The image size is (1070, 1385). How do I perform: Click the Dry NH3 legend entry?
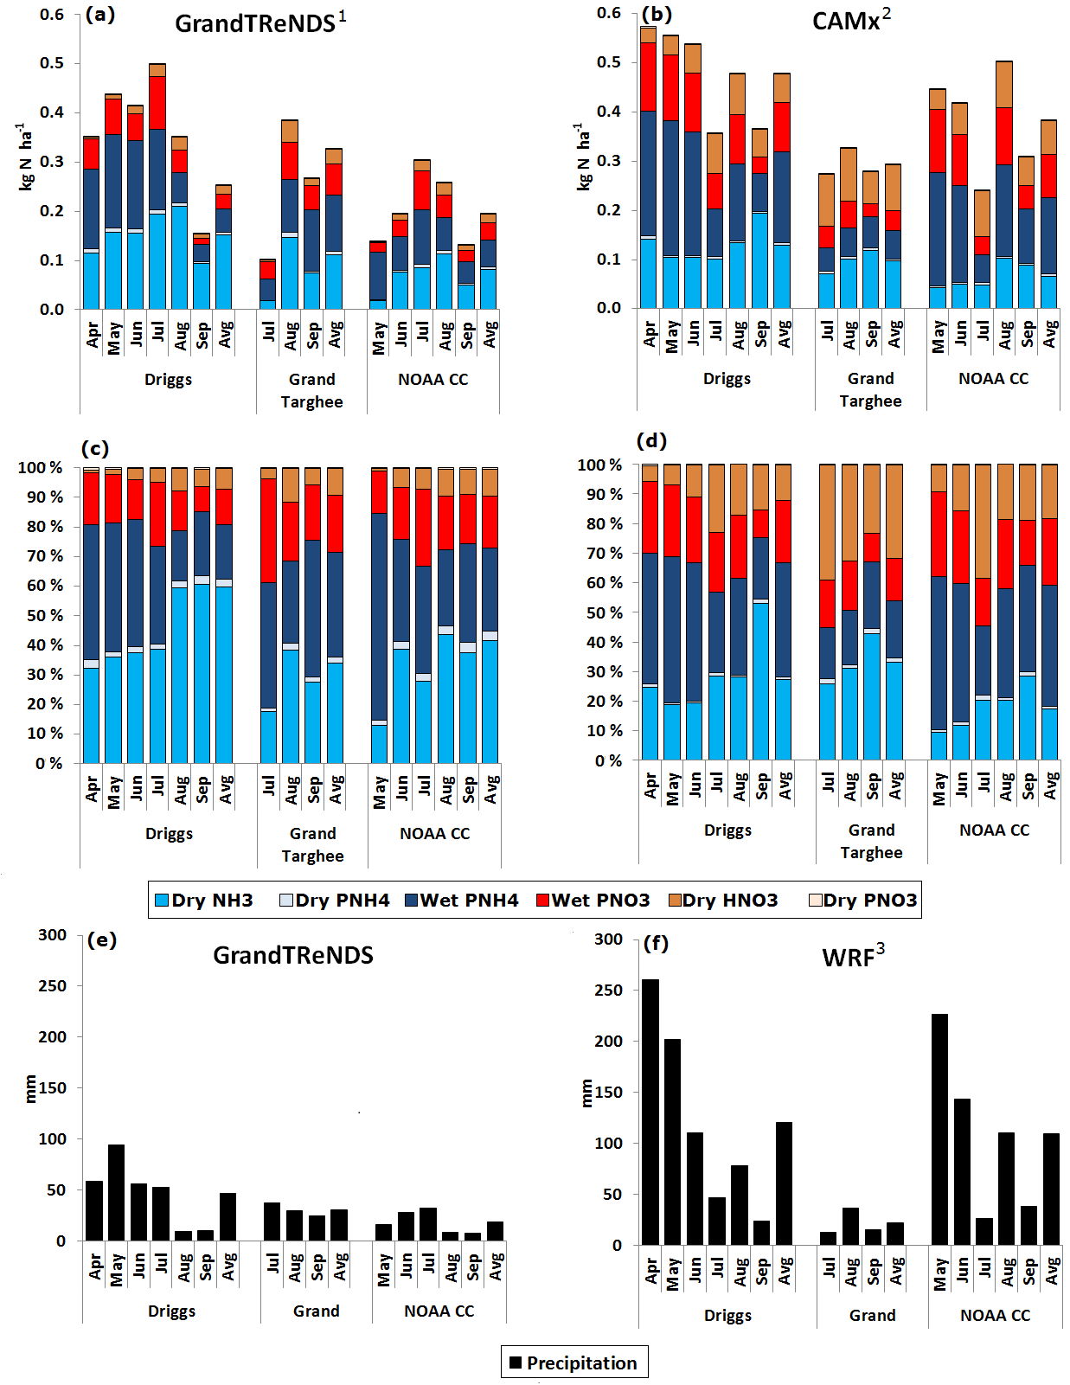coord(204,901)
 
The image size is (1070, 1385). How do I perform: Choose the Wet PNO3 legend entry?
coord(593,901)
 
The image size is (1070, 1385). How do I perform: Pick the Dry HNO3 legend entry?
coord(723,901)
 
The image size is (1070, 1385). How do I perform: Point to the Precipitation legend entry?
coord(573,1363)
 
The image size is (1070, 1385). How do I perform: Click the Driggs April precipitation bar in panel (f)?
coord(650,1112)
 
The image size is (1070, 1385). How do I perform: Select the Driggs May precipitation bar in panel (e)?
coord(116,1192)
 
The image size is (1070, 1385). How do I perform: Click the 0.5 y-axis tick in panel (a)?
coord(52,63)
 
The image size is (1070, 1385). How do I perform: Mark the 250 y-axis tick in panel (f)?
coord(608,990)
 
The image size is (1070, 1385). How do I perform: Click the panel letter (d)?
coord(651,441)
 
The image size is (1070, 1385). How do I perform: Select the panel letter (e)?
coord(101,940)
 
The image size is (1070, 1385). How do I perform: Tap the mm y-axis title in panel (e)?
coord(31,1088)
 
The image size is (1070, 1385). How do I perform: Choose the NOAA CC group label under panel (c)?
coord(434,834)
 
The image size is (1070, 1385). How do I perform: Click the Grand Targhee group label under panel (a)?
coord(311,390)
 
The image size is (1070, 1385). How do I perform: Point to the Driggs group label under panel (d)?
coord(727,830)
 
